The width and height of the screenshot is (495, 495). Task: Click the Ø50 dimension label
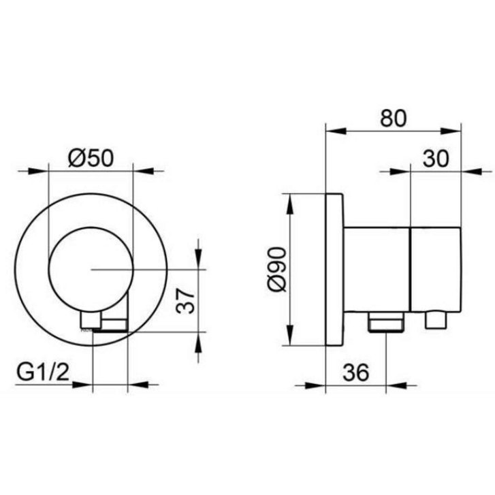point(91,158)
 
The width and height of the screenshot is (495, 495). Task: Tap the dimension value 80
point(394,118)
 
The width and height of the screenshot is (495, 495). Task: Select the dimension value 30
point(436,159)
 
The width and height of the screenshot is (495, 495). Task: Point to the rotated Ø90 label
point(278,269)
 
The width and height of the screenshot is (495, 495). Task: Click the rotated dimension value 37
point(185,301)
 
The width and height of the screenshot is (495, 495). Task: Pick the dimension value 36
point(355,372)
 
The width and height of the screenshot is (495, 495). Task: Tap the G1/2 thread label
point(43,372)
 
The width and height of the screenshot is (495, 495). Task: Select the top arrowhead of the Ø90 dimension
point(290,204)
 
